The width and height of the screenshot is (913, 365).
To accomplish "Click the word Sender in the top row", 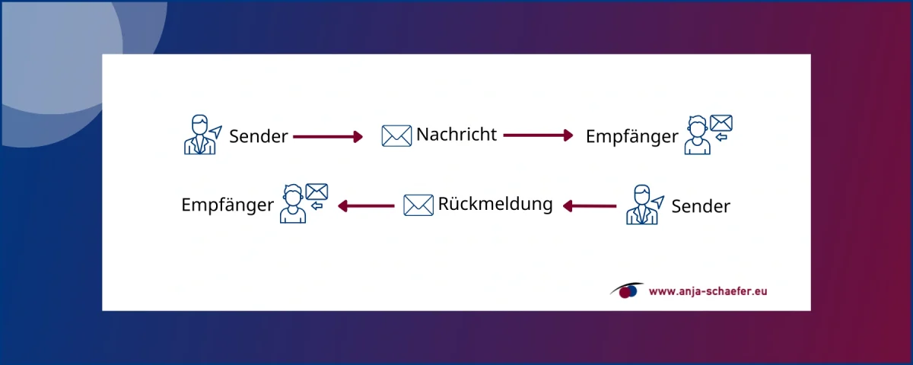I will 259,137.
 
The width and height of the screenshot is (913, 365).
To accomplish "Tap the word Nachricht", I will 456,135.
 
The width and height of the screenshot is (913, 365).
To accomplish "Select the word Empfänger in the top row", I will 631,136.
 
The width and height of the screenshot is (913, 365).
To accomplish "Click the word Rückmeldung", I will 495,204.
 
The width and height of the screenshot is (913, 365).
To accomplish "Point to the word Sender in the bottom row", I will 701,206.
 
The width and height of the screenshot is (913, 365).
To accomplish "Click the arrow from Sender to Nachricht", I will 328,137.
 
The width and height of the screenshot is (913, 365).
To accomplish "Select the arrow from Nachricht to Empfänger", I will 538,135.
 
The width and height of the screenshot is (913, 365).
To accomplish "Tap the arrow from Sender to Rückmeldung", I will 589,205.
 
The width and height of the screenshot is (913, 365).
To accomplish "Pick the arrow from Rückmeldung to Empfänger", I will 365,205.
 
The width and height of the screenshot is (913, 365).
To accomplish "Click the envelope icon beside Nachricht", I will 396,136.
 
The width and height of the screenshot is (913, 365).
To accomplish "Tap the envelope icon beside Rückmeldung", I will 418,205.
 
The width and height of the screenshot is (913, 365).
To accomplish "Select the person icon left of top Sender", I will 199,135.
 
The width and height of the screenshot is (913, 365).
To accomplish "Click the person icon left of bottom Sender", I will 641,205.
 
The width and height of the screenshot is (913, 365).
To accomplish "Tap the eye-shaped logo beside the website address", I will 626,290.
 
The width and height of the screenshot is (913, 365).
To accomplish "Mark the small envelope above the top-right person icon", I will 721,122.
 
